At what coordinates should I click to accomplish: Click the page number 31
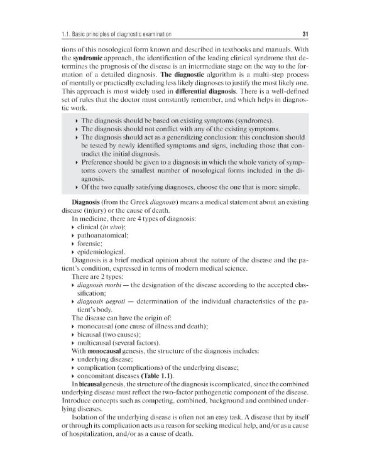(x=304, y=33)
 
